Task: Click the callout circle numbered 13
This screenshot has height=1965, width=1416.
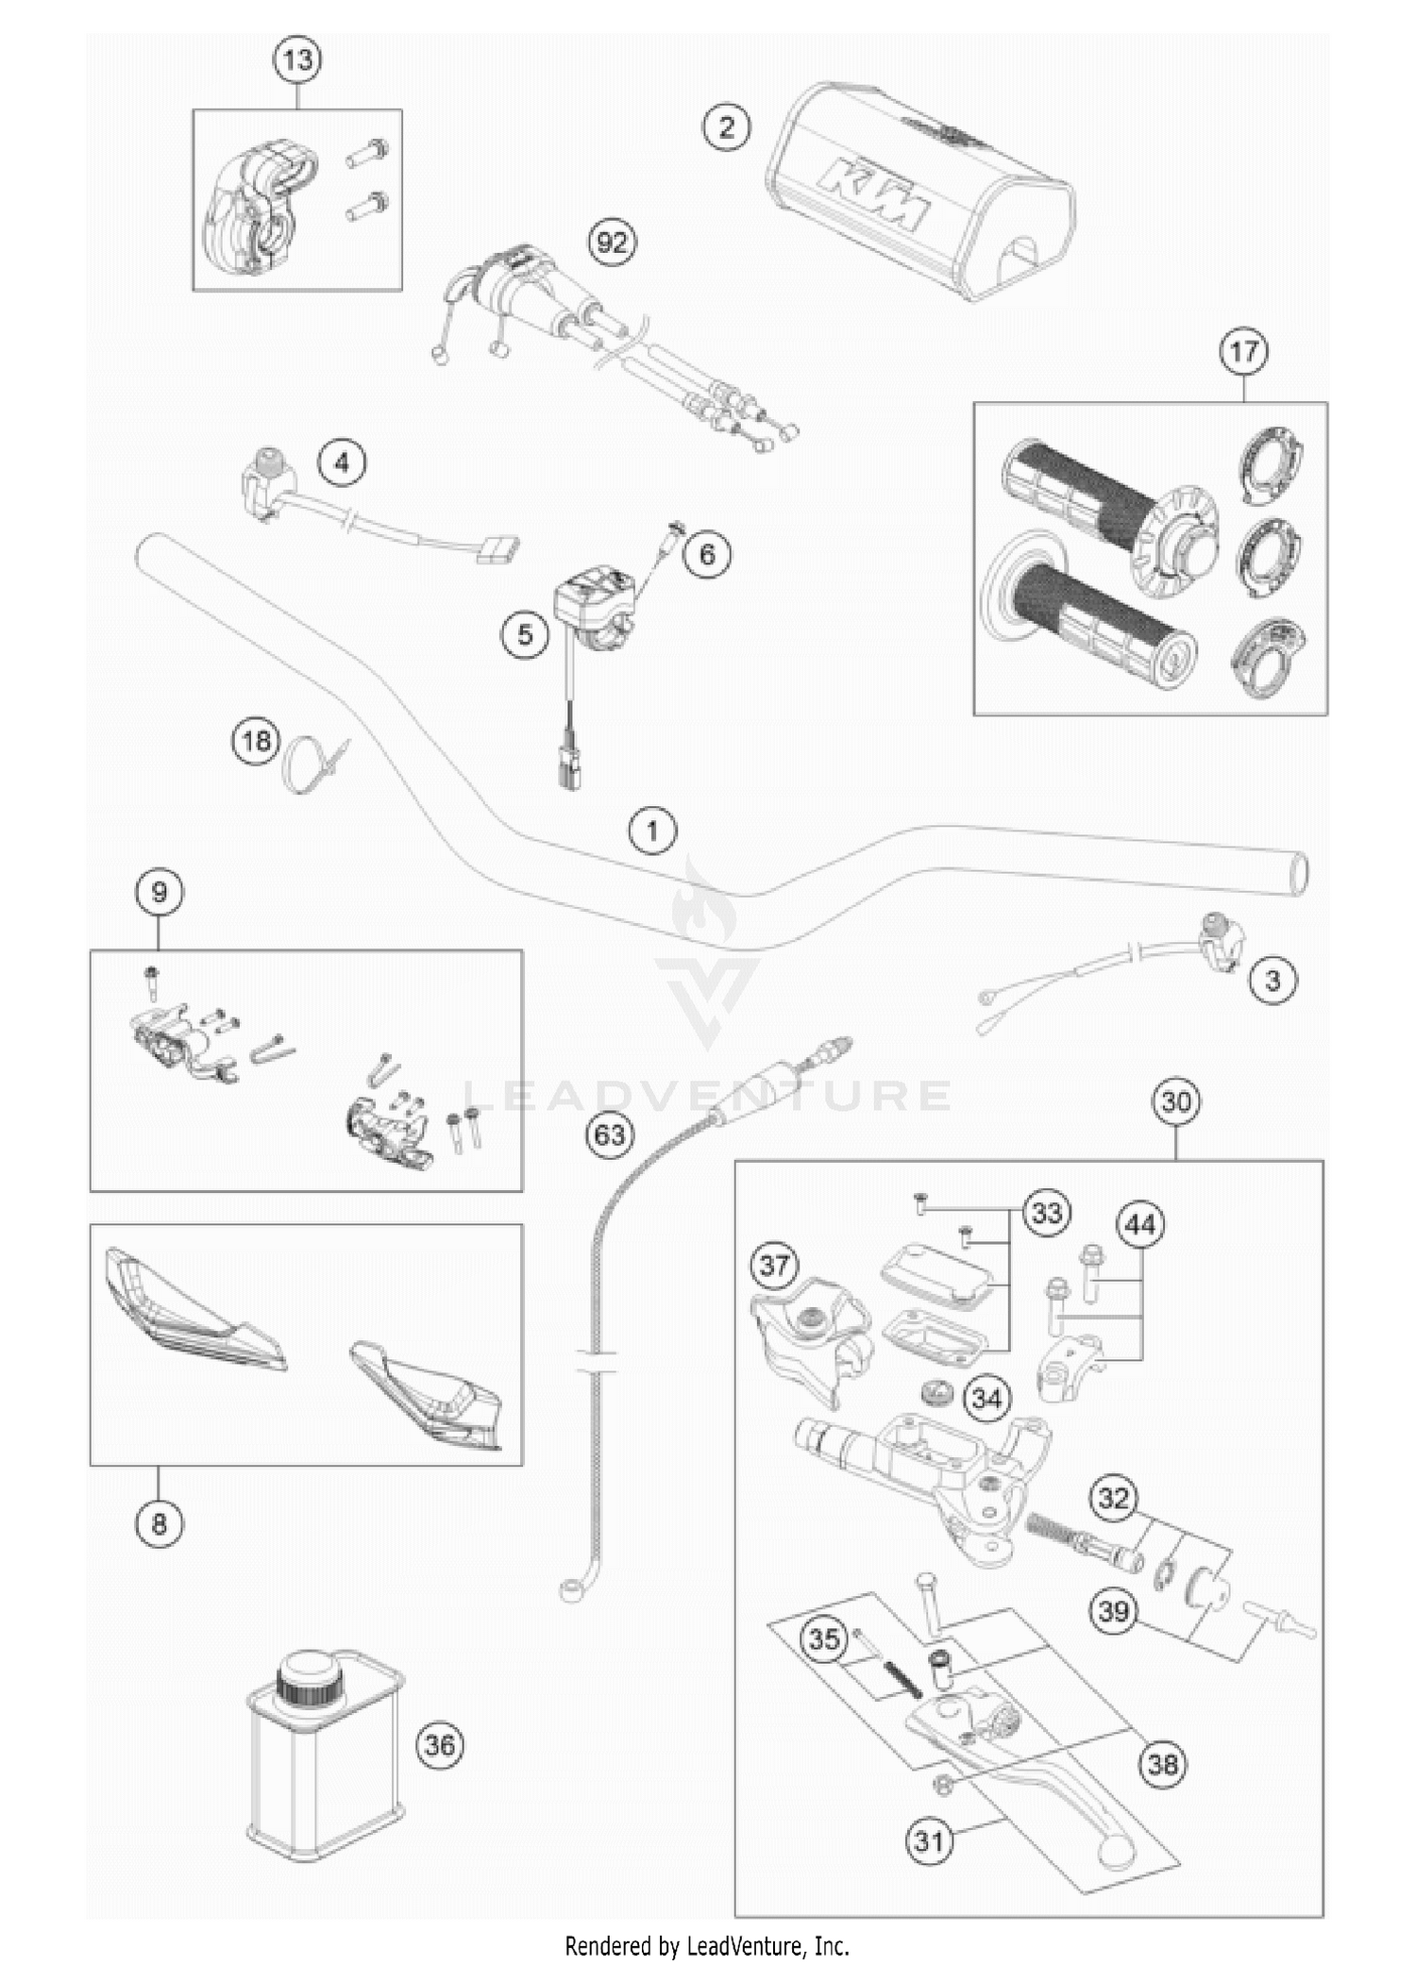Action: tap(297, 60)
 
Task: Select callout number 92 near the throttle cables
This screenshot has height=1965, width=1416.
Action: tap(612, 243)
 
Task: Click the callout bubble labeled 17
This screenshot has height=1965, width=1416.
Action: tap(1243, 351)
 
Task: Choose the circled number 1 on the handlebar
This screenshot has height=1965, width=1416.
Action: tap(652, 831)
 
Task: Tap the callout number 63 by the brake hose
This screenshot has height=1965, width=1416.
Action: tap(610, 1133)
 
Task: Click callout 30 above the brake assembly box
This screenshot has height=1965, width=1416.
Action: tap(1176, 1101)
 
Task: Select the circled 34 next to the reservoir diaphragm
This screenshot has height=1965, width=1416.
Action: tap(986, 1398)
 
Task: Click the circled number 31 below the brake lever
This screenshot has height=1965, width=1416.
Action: tap(930, 1839)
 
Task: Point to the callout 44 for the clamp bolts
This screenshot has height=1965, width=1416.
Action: tap(1140, 1225)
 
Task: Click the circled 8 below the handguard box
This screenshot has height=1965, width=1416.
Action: tap(159, 1522)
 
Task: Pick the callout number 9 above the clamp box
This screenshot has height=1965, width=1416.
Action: tap(159, 892)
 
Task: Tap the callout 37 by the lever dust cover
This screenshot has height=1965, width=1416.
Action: tap(774, 1265)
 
